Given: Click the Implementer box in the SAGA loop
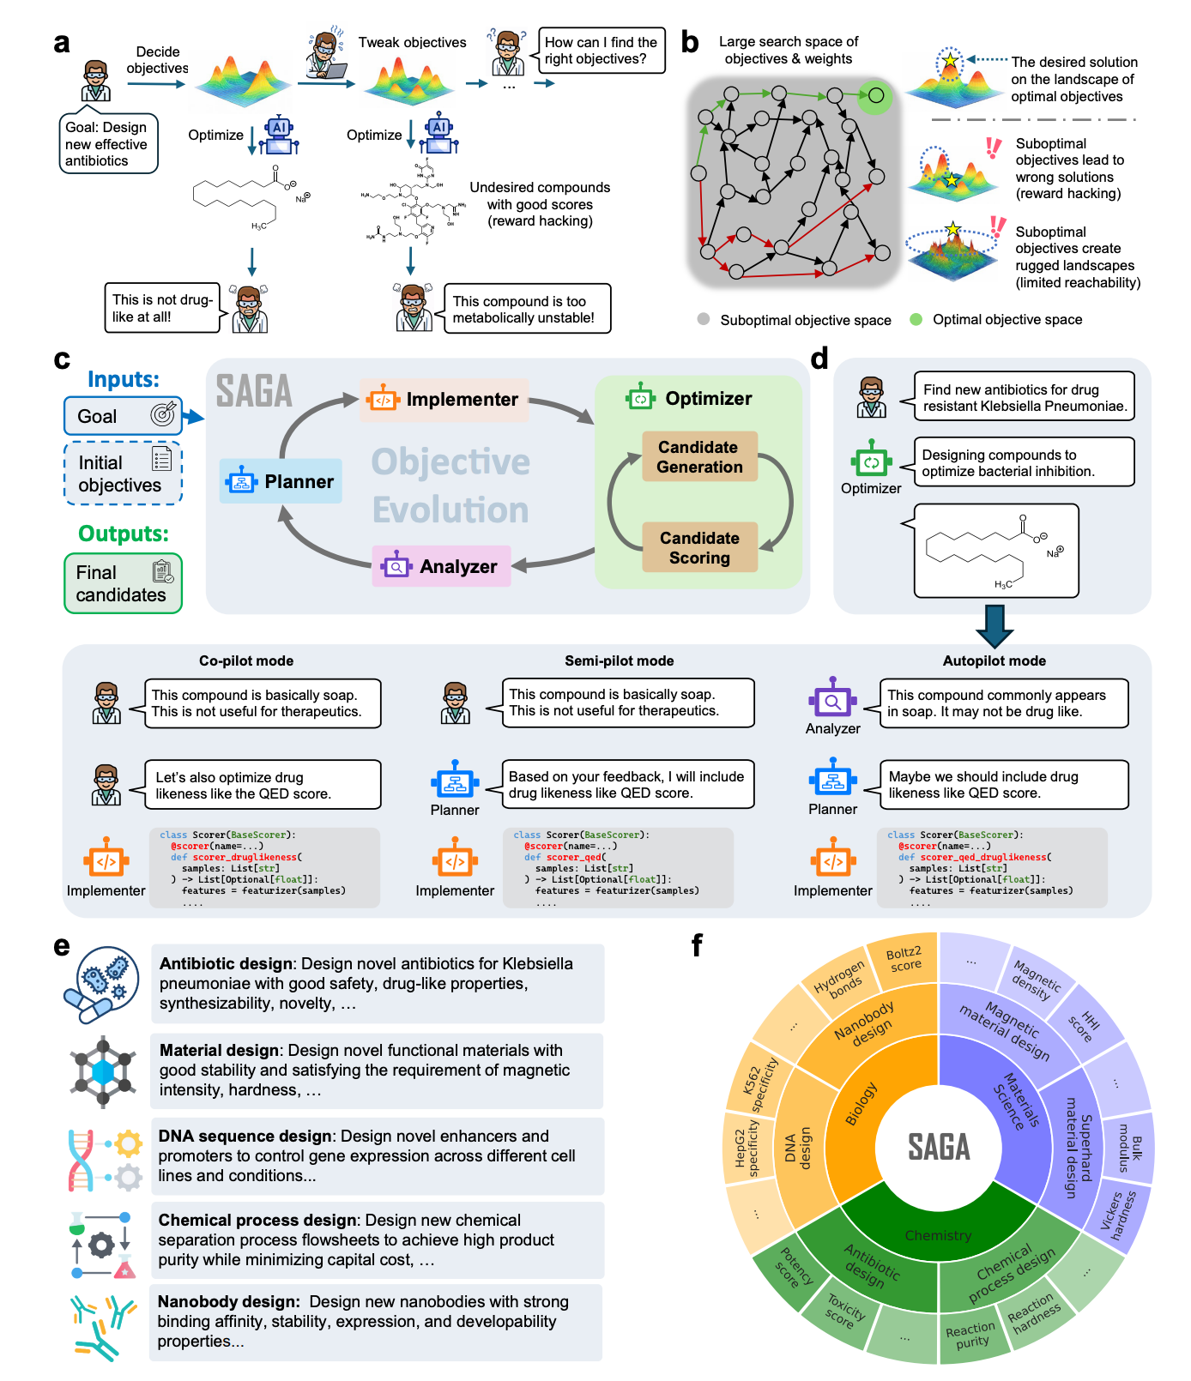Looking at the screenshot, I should point(444,400).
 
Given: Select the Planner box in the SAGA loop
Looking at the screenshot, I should point(281,482).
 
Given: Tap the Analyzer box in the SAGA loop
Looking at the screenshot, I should point(441,567).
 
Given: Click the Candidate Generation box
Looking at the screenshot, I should point(699,457).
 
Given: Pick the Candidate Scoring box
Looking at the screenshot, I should point(699,548).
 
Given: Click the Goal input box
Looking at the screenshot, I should point(123,416).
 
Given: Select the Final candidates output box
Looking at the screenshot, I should point(123,583).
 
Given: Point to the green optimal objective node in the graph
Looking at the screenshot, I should point(875,95).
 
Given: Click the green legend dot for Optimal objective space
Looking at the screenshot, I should point(916,319).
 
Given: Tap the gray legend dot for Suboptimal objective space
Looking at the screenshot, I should point(704,319).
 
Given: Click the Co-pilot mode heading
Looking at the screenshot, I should point(246,660).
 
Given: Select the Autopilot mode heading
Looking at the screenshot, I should point(994,660).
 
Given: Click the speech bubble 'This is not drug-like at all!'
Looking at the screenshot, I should point(162,308).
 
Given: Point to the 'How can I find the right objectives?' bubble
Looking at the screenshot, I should point(601,51).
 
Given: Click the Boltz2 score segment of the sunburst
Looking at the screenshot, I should point(903,959).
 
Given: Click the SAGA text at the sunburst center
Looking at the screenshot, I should point(939,1147).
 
